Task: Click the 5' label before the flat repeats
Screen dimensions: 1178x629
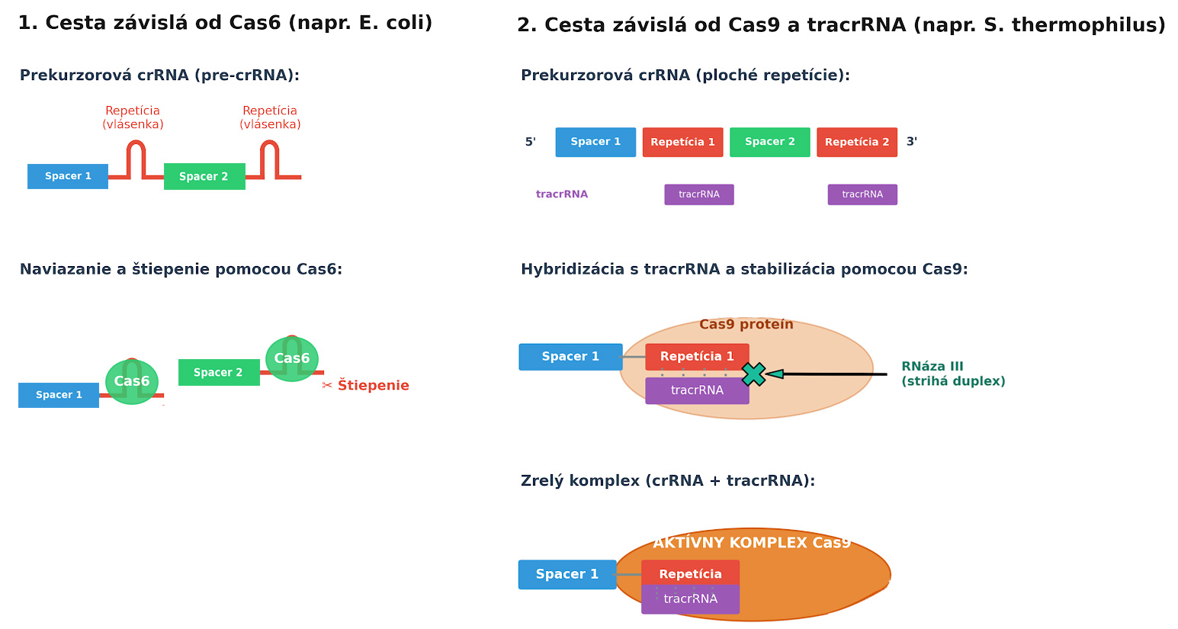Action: coord(530,142)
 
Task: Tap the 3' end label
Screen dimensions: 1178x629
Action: coord(912,142)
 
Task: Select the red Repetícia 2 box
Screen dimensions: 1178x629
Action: coord(857,142)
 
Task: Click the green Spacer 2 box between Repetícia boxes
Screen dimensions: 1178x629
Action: coord(769,142)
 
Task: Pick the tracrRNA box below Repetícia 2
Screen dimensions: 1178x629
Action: coord(862,194)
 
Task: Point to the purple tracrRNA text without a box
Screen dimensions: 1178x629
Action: coord(562,194)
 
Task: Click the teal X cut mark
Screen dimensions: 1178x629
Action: coord(753,374)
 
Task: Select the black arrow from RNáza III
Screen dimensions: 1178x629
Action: coord(827,374)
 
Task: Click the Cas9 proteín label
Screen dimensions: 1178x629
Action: coord(746,325)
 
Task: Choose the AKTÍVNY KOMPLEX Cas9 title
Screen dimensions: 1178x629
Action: coord(752,543)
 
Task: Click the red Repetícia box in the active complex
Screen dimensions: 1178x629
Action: coord(690,573)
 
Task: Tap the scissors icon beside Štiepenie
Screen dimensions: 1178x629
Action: coord(326,386)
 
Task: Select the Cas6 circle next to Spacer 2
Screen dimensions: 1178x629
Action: coord(292,358)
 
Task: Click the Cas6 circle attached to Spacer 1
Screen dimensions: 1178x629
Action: coord(131,382)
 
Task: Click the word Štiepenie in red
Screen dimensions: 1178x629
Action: coord(373,386)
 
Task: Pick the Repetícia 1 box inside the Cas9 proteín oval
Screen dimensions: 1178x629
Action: coord(697,357)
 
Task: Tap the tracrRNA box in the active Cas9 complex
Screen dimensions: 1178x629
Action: coord(690,599)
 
